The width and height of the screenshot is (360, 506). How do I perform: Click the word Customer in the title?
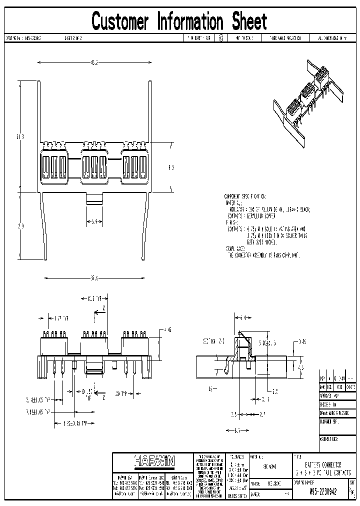tap(120, 21)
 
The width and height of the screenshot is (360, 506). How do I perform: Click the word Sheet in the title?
tap(249, 21)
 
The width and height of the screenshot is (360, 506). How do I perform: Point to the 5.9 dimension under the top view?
tap(93, 221)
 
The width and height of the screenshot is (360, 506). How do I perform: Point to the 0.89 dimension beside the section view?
tap(302, 341)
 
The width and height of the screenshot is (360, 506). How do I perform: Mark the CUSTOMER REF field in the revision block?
tap(329, 421)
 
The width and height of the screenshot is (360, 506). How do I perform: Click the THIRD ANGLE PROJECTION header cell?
tap(285, 37)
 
